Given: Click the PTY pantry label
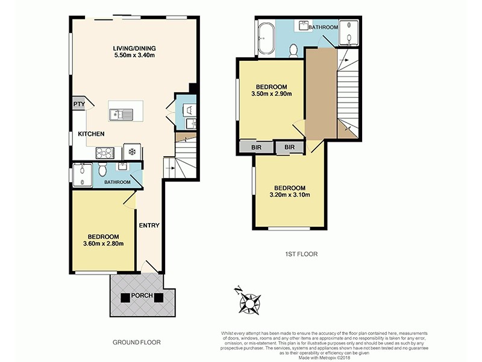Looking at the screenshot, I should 78,104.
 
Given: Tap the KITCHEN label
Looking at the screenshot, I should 91,134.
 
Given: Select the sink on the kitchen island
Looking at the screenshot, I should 122,112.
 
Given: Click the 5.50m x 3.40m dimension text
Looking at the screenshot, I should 134,56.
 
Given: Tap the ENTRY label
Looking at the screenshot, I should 149,226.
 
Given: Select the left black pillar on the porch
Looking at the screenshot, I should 125,296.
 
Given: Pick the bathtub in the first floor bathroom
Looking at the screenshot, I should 266,37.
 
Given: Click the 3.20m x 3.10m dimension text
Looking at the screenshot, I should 290,195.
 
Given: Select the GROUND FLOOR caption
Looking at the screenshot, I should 137,342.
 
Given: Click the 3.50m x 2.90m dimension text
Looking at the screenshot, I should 271,94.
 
